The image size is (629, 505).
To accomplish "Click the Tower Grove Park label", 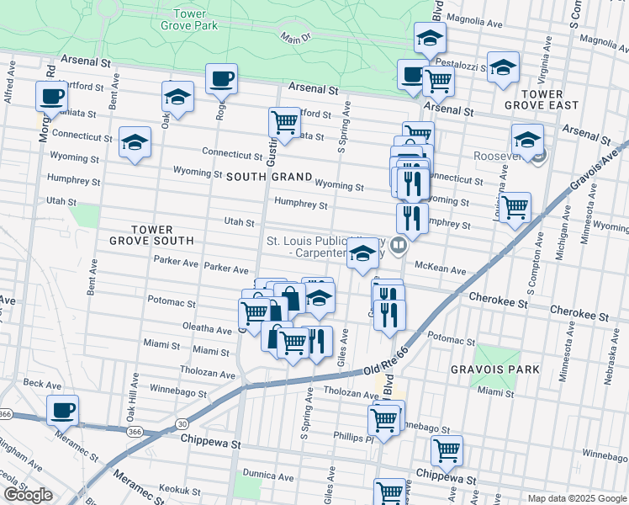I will [x=189, y=19].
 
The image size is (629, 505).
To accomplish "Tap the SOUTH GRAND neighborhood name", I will [x=268, y=178].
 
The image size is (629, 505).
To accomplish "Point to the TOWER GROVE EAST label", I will [x=541, y=99].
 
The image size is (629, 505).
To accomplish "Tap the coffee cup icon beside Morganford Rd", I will [x=51, y=97].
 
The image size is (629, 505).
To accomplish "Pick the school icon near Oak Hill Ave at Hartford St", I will [x=178, y=98].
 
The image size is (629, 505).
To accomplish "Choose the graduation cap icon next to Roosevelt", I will [x=527, y=140].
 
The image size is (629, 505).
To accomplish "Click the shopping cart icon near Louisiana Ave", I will [x=515, y=206].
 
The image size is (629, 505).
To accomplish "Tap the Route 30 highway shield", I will [x=182, y=424].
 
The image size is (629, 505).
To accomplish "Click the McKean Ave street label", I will [x=446, y=270].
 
